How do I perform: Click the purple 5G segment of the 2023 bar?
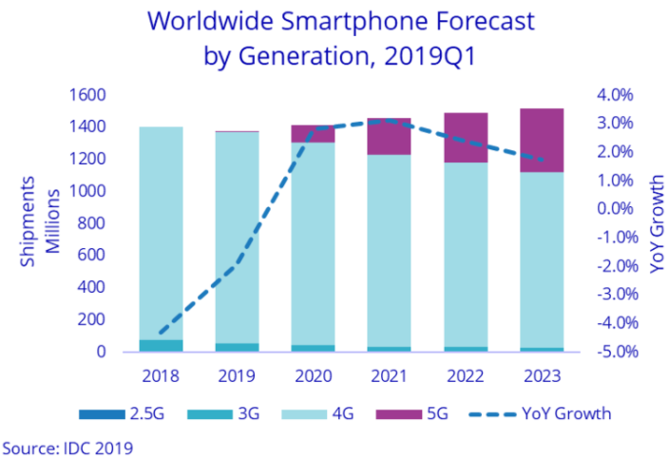(x=541, y=140)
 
